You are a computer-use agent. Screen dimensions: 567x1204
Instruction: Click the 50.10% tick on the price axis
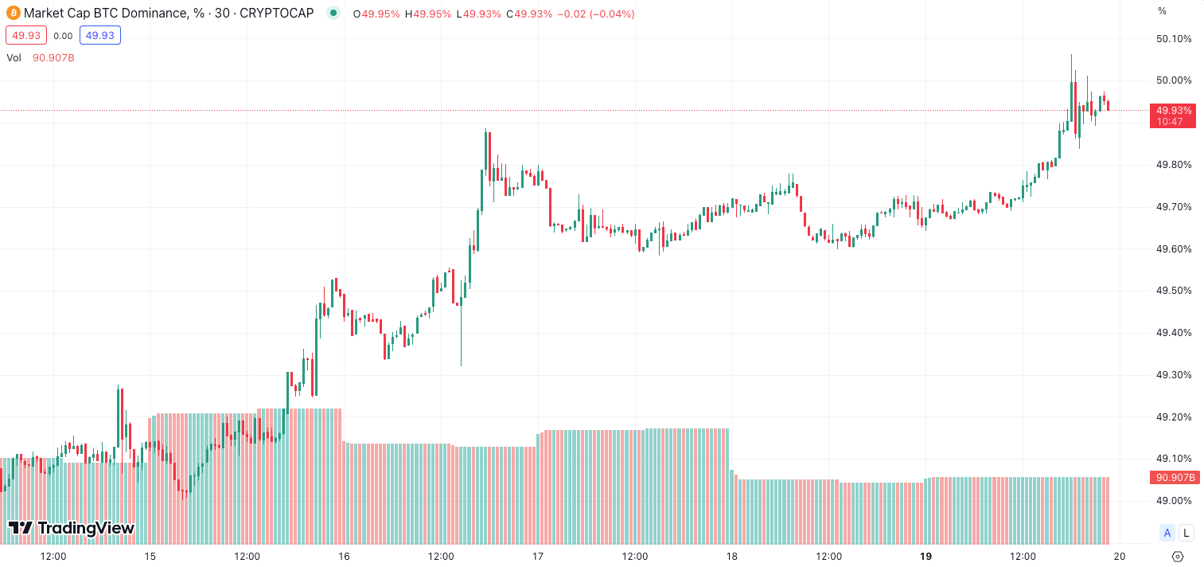point(1173,39)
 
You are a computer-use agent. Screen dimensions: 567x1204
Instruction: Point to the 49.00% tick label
point(1173,501)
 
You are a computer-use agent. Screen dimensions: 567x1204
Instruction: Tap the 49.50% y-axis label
point(1173,291)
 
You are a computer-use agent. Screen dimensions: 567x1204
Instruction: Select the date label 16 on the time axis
point(344,556)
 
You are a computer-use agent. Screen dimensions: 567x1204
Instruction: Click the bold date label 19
point(925,556)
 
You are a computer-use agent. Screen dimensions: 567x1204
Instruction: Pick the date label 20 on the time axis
point(1119,556)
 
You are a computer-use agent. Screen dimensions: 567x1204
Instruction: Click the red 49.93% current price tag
point(1173,115)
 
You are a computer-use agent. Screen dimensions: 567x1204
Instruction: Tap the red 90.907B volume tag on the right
point(1173,478)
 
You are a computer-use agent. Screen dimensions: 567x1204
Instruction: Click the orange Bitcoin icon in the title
point(14,14)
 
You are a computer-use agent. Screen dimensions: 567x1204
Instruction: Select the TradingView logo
point(72,528)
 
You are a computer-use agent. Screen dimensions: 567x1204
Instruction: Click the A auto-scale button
point(1167,534)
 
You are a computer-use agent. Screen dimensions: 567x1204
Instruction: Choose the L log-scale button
point(1186,534)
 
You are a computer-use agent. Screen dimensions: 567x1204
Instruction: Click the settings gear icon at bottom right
point(1179,556)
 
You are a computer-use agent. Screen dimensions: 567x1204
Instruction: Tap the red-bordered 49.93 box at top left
point(26,36)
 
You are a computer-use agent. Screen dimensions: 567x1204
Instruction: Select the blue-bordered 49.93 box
point(100,36)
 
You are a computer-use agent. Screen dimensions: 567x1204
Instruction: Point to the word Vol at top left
point(14,57)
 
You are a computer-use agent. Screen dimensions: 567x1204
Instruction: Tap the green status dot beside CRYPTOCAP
point(333,14)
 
